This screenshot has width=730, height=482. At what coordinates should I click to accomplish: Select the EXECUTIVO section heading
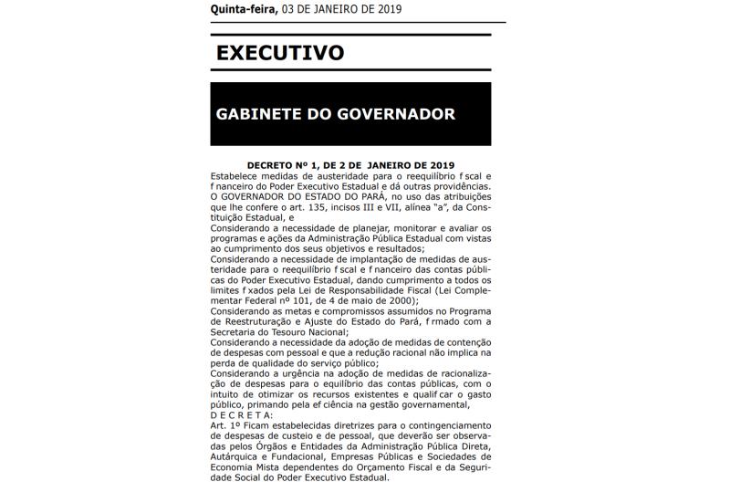point(280,52)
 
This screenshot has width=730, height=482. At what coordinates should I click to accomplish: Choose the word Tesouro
point(308,333)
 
